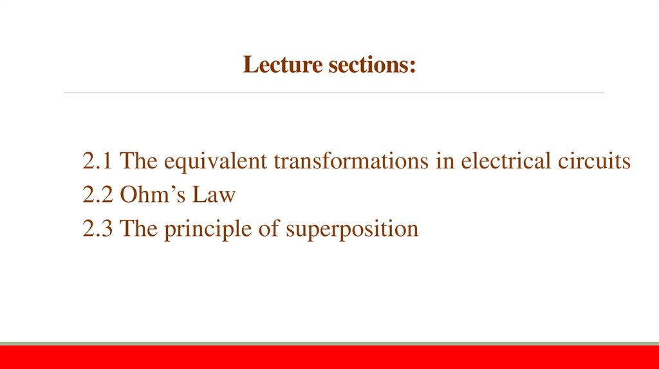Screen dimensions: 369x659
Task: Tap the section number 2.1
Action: [98, 161]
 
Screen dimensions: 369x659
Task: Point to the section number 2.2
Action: [98, 195]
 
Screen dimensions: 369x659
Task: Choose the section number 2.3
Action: [98, 228]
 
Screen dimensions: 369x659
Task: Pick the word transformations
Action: [350, 161]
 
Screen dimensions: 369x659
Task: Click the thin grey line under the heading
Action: [333, 93]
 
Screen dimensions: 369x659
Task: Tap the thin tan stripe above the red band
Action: [329, 344]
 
